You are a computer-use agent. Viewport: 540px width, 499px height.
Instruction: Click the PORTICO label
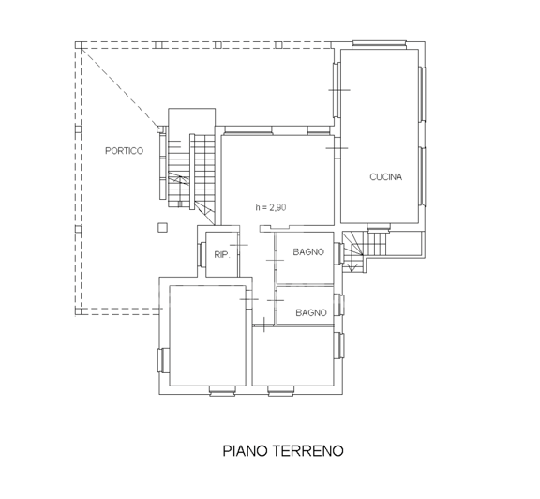pyautogui.click(x=124, y=151)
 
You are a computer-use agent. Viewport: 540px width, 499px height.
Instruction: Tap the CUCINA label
pyautogui.click(x=386, y=176)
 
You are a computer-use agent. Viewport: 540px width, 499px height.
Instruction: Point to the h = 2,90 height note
pyautogui.click(x=271, y=207)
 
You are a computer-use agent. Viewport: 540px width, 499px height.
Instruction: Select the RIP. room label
pyautogui.click(x=222, y=255)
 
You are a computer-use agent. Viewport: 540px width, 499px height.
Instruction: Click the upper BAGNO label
pyautogui.click(x=308, y=251)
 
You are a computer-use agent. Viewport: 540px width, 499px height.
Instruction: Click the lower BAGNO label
pyautogui.click(x=311, y=312)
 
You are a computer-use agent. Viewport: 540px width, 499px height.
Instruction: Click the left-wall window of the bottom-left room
pyautogui.click(x=161, y=359)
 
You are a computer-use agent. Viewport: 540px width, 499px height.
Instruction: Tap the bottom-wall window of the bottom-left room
pyautogui.click(x=220, y=392)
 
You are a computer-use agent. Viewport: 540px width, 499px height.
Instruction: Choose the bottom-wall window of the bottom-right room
pyautogui.click(x=279, y=392)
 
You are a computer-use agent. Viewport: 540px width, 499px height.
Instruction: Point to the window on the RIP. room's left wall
pyautogui.click(x=202, y=253)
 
